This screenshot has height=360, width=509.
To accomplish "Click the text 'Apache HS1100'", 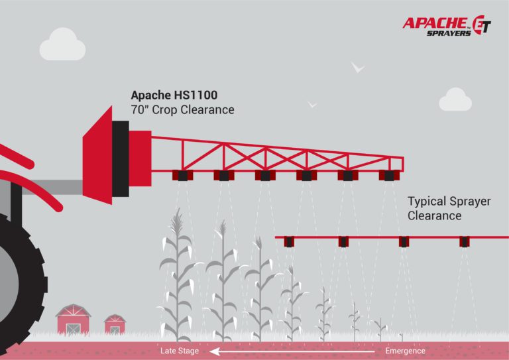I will [174, 95].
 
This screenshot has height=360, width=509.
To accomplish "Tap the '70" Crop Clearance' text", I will [182, 110].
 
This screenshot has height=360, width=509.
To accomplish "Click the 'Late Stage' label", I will [179, 351].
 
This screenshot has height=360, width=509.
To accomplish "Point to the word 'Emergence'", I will [405, 351].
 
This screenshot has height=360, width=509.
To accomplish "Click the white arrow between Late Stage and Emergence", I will [292, 351].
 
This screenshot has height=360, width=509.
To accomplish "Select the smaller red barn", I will [115, 324].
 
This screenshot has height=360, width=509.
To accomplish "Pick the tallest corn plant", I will [176, 272].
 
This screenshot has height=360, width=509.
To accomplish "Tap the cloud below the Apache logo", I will [455, 99].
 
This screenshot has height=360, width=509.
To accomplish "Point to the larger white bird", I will [358, 67].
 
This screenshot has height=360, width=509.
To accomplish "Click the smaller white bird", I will [312, 105].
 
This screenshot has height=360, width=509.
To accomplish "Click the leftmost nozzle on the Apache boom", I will [181, 176].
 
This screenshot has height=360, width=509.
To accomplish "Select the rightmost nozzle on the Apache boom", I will [389, 176].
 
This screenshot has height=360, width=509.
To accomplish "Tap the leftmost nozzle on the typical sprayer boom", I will [289, 242].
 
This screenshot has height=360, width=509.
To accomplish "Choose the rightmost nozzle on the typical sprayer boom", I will [465, 242].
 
